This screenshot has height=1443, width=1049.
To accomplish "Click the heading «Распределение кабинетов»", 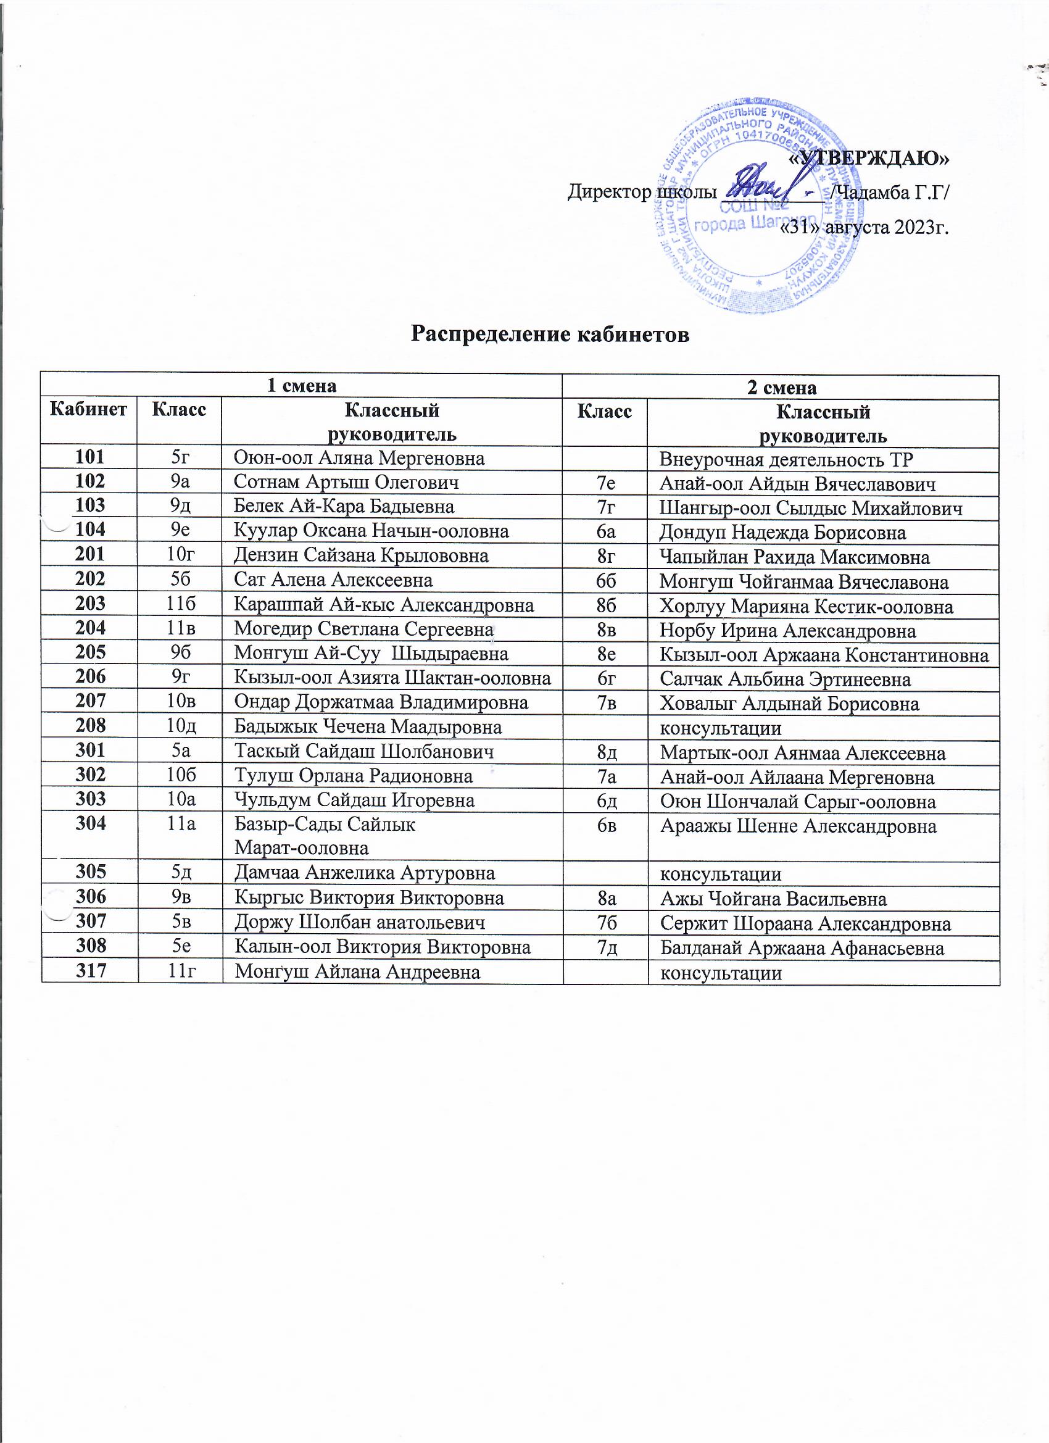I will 550,334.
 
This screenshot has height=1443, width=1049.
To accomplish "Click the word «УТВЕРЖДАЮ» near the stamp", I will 868,157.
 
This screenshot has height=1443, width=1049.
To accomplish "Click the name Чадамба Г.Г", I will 888,192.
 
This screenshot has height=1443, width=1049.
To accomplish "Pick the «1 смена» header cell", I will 301,386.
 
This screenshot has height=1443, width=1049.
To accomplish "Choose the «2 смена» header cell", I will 781,388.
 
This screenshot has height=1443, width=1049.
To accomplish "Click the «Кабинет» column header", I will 88,409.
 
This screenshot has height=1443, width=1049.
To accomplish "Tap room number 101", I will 89,457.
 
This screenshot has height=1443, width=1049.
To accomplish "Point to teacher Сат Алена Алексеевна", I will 333,580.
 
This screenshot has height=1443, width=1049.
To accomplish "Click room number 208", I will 89,726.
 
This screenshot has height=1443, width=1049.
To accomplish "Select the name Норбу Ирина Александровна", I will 787,631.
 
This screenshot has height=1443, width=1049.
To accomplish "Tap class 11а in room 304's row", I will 180,825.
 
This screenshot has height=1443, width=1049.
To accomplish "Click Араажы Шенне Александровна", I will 798,826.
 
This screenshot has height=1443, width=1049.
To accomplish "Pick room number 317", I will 90,971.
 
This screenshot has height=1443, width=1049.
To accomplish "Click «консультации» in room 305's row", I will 720,874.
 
